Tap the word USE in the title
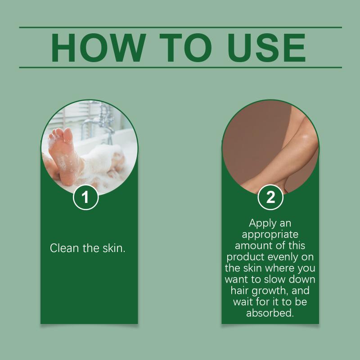pos(266,48)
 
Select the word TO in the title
pos(185,48)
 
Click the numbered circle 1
pos(85,197)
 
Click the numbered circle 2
pos(270,197)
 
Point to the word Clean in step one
pos(64,248)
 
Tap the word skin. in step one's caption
pos(114,248)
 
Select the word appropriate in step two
pos(270,234)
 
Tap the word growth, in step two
pos(270,291)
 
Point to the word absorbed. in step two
pos(270,313)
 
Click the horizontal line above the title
pos(180,27)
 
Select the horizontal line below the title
pos(180,67)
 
